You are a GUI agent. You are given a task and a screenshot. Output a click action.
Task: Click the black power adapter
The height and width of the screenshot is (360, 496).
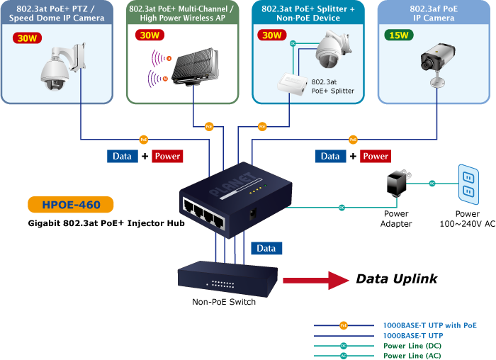point(395,184)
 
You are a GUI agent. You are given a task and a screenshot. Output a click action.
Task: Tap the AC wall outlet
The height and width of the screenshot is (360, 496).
point(468,181)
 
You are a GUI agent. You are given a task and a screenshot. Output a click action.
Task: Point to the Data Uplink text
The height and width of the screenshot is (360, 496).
point(396,279)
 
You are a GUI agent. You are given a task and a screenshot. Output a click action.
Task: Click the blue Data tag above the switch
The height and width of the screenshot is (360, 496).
point(266,248)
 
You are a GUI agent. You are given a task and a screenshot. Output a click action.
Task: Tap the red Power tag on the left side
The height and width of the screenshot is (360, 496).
point(167,156)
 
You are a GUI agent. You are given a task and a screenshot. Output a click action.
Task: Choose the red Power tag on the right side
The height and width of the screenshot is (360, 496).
point(376,156)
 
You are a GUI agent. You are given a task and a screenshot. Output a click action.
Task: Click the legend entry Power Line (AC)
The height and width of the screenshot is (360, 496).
point(412,355)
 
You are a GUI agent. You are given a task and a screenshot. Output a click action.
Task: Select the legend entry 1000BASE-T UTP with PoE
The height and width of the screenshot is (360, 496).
point(429,325)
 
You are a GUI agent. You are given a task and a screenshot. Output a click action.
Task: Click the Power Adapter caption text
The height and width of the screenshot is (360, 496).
point(396,218)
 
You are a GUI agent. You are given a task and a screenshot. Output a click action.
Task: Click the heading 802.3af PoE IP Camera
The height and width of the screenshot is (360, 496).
point(433,13)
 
